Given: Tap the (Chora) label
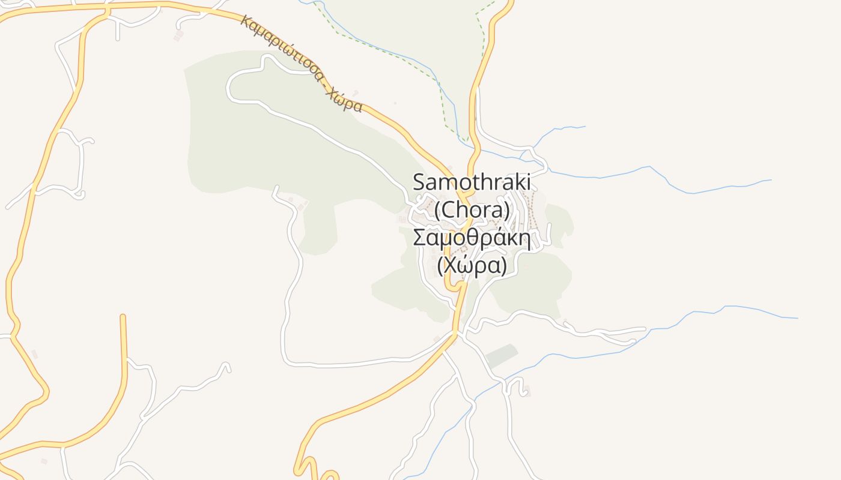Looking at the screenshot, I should (x=472, y=211).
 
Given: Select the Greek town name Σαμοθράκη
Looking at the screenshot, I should (x=472, y=238).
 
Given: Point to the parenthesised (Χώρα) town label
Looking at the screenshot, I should (x=472, y=265).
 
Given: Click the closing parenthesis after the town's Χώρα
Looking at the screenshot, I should (x=504, y=265).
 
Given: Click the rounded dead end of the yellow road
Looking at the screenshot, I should (x=123, y=316).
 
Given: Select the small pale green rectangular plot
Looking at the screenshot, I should (x=501, y=356).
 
